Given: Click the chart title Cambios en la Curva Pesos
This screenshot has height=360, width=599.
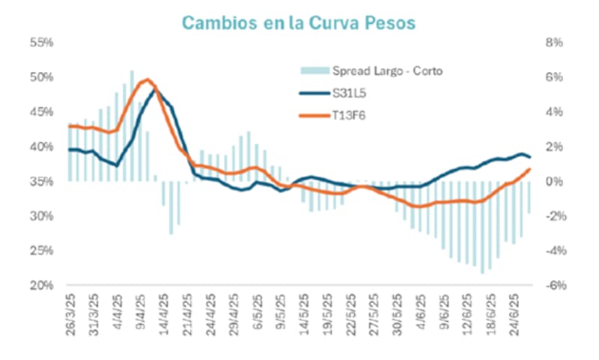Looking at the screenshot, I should click(300, 22).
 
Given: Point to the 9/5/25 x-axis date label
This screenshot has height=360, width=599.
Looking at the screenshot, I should click(279, 313).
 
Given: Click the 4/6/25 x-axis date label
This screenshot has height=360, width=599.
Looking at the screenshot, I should click(420, 313).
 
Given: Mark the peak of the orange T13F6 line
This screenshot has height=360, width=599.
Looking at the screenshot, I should click(148, 79).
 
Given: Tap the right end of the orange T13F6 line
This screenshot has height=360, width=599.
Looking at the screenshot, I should click(530, 169).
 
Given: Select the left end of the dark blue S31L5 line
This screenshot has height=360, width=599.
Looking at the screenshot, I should click(69, 150).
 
